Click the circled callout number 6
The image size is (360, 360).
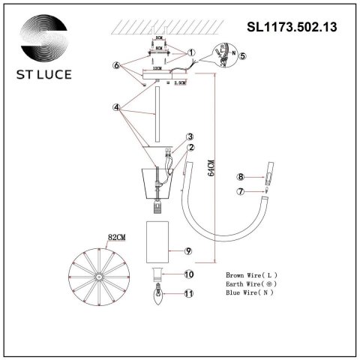(x=117, y=66)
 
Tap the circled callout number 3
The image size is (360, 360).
(x=190, y=136)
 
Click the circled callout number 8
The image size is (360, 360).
(x=240, y=177)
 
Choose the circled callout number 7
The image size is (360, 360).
(x=240, y=192)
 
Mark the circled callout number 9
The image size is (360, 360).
(x=190, y=250)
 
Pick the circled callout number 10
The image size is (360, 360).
(x=190, y=275)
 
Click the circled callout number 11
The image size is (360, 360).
(x=190, y=294)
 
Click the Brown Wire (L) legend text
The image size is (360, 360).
(x=253, y=276)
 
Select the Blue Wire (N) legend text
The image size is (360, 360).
(x=251, y=294)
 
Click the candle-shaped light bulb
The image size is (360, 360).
(x=158, y=294)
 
